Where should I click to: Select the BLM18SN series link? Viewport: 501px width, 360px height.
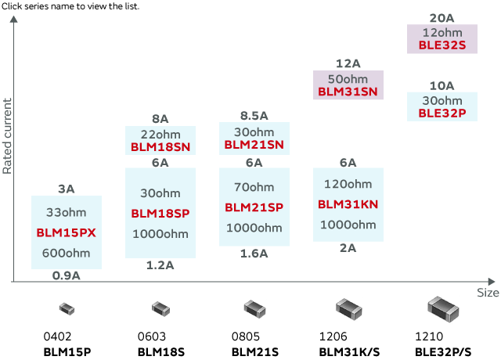[x=160, y=146]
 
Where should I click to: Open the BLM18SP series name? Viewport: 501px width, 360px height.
[x=160, y=213]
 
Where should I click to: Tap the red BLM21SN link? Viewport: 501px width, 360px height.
[x=254, y=145]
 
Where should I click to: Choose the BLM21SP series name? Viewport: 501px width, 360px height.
[x=254, y=207]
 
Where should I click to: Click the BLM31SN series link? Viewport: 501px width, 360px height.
[x=348, y=92]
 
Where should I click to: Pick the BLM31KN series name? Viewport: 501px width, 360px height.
[x=348, y=204]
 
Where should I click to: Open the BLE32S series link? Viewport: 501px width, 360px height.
[x=442, y=45]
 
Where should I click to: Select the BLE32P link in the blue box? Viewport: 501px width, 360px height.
[x=442, y=113]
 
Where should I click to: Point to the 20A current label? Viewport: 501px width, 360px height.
[x=442, y=18]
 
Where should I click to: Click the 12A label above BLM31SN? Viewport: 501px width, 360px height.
[x=348, y=63]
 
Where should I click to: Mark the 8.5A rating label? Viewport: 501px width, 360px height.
[x=254, y=115]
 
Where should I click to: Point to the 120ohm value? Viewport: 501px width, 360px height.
[x=348, y=184]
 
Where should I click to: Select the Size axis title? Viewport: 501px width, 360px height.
[x=488, y=293]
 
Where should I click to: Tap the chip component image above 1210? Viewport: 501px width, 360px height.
[x=442, y=308]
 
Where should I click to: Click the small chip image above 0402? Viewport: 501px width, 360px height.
[x=67, y=309]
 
